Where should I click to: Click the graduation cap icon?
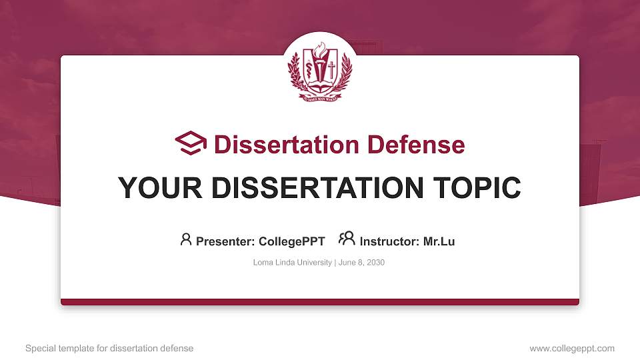(191, 144)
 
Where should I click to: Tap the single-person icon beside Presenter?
(186, 239)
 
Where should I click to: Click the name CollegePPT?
(291, 241)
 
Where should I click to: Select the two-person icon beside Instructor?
(347, 239)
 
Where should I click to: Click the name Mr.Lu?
(439, 241)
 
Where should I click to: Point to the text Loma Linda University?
(292, 263)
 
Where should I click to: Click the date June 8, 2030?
(361, 263)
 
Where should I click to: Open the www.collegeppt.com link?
(572, 349)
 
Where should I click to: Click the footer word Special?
(39, 349)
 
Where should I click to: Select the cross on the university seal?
(331, 68)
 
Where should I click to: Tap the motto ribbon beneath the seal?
(320, 97)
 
